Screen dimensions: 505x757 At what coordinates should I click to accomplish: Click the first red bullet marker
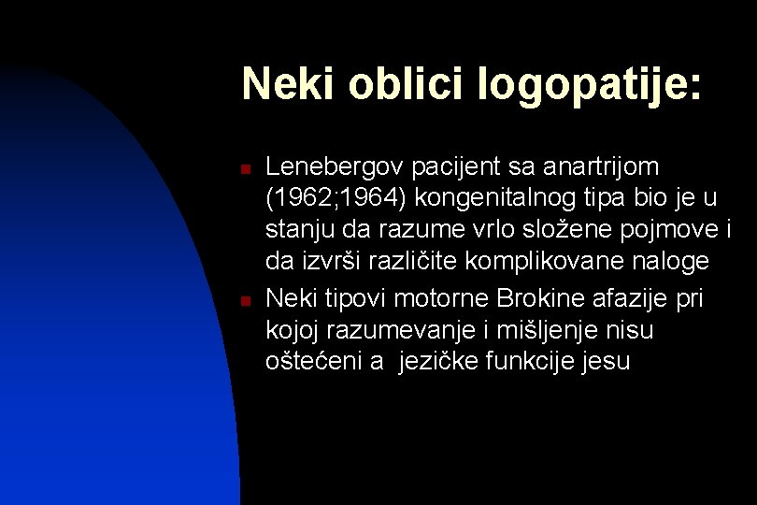242,169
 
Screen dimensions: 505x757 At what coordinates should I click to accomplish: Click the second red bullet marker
242,301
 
